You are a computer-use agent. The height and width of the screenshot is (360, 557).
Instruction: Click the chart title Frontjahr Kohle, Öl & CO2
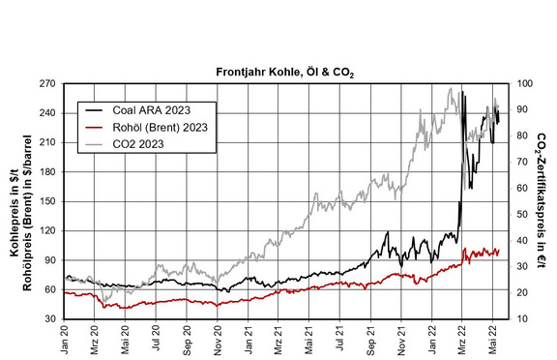pos(285,73)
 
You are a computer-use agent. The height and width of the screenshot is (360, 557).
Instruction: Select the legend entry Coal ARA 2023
pos(151,110)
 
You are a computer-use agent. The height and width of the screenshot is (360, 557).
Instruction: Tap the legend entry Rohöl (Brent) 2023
pos(160,127)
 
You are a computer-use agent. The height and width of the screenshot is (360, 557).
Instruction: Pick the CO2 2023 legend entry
pos(138,144)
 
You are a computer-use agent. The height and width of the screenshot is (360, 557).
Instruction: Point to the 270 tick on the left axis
pos(48,84)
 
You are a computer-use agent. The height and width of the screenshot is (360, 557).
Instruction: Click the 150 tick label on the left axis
pos(48,201)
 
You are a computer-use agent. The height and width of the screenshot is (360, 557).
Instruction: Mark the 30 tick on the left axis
pos(50,318)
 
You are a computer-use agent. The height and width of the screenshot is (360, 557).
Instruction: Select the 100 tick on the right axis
pos(525,84)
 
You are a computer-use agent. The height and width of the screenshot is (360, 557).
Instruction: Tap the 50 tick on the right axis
pos(522,215)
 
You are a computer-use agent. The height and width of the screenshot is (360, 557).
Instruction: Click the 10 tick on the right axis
pos(522,318)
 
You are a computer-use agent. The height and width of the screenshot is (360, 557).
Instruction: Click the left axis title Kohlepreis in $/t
pos(15,217)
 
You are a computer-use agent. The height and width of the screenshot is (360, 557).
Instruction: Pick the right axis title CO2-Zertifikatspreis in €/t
pos(542,200)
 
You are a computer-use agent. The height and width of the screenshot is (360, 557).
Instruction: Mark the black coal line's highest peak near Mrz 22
pos(462,92)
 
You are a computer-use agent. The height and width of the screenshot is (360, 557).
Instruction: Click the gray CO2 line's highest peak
pos(451,88)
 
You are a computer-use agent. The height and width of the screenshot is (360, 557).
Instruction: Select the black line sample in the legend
pos(94,110)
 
